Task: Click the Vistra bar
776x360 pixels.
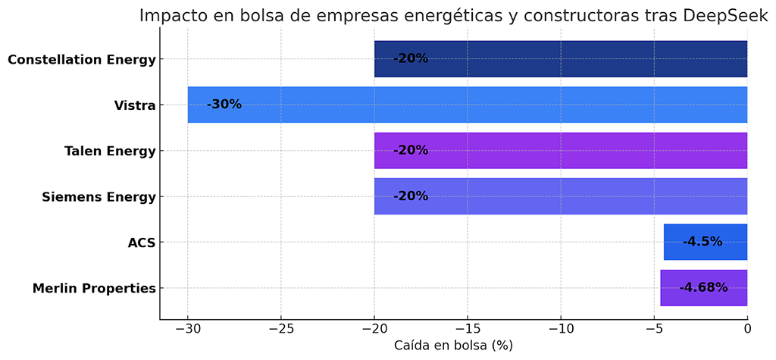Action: tap(467, 105)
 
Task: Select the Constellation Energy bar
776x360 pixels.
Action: tap(561, 59)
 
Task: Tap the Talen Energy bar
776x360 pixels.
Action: tap(561, 151)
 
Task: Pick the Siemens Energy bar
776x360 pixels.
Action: tap(561, 196)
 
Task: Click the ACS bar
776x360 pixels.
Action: tap(705, 243)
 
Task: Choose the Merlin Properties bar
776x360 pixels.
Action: tap(703, 288)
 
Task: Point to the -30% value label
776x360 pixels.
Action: tap(224, 105)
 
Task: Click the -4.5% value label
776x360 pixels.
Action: tap(702, 243)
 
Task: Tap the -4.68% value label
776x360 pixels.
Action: tap(703, 288)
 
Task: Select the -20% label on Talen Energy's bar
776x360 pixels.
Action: tap(411, 151)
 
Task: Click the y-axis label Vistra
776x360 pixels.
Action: tap(135, 105)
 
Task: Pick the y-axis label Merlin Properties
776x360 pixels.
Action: tap(94, 289)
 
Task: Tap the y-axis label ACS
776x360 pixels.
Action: tap(142, 243)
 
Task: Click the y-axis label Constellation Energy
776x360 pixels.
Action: tap(82, 60)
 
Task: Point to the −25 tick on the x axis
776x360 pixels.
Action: tap(281, 328)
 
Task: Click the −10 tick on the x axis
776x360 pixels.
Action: tap(561, 328)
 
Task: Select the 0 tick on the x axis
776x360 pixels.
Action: tap(747, 328)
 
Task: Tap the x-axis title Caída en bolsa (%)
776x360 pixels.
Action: tap(453, 346)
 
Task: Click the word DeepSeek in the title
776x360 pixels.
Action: tap(725, 16)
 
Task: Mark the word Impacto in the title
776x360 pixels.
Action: tap(171, 16)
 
